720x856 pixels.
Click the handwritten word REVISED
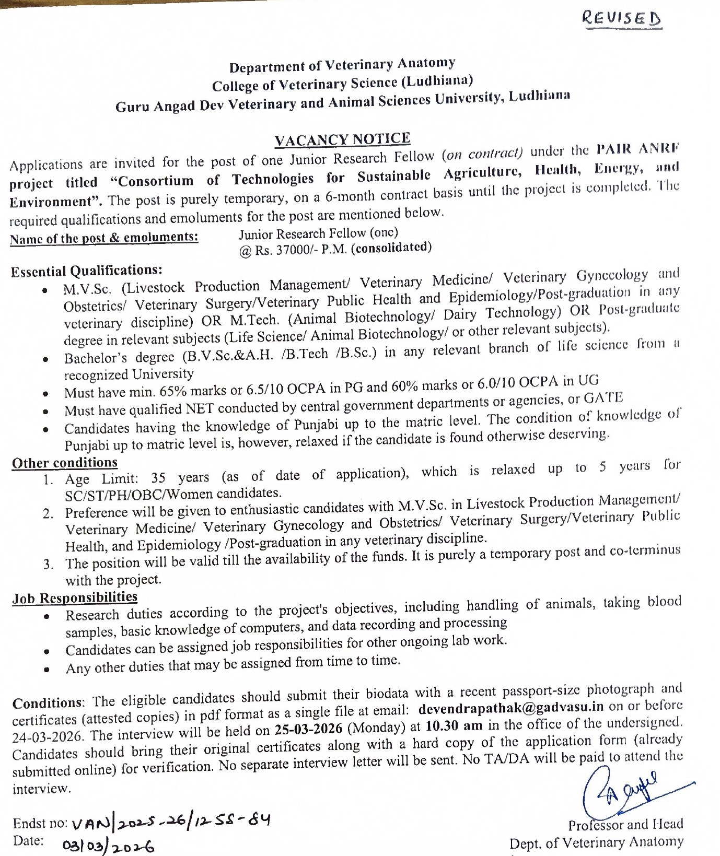pyautogui.click(x=621, y=19)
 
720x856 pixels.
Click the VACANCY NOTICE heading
pyautogui.click(x=342, y=139)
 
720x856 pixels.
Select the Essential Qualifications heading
pyautogui.click(x=87, y=271)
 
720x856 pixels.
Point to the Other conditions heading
pyautogui.click(x=65, y=463)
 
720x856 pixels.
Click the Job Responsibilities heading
pyautogui.click(x=75, y=597)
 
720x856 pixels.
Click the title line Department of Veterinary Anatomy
pyautogui.click(x=342, y=66)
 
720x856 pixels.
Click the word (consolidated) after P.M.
pyautogui.click(x=391, y=248)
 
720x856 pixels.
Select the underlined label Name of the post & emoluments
pyautogui.click(x=104, y=238)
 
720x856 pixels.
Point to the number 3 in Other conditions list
pyautogui.click(x=48, y=564)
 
